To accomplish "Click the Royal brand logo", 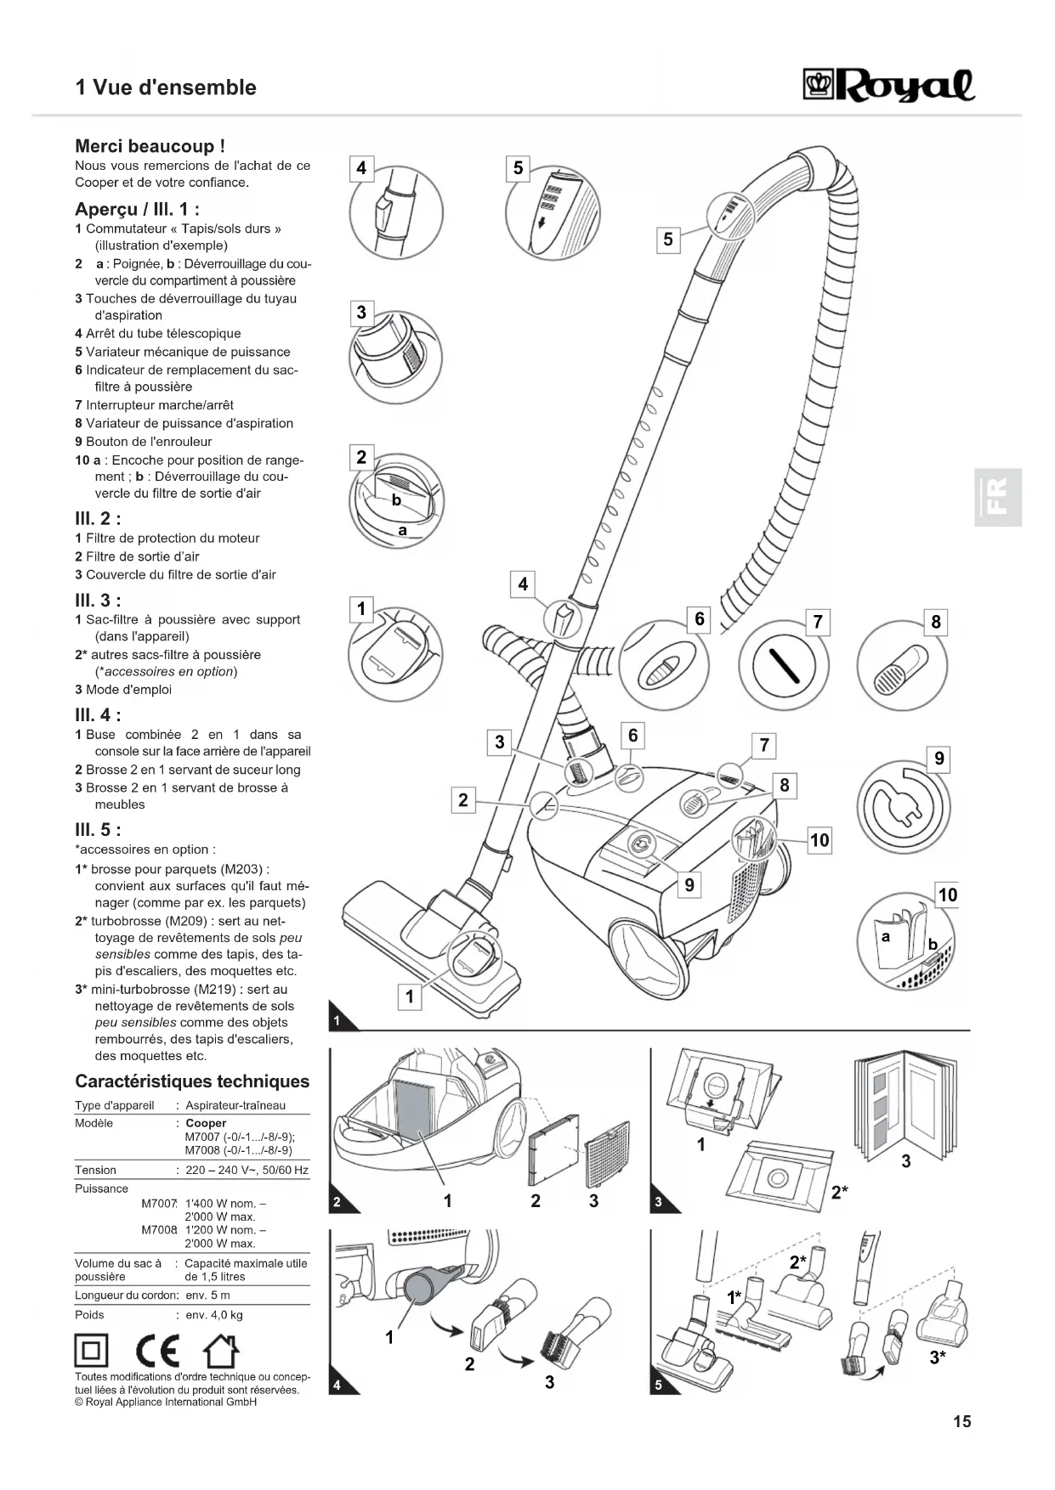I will coord(888,86).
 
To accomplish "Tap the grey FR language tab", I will coord(997,497).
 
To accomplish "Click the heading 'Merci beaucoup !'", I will coord(150,146).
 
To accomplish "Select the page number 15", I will coord(961,1421).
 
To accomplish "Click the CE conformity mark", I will coord(157,1351).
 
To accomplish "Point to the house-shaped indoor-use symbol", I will coord(220,1351).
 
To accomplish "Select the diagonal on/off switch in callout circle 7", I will coord(782,666).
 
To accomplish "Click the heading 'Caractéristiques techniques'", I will coord(192,1081).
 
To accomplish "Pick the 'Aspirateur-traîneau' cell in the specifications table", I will coord(235,1105).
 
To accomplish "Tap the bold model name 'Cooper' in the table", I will coord(206,1123).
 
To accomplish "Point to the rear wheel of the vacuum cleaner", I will coord(642,956).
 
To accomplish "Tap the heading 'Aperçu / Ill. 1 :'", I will coord(137,209).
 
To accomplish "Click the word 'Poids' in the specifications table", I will coord(89,1315).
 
